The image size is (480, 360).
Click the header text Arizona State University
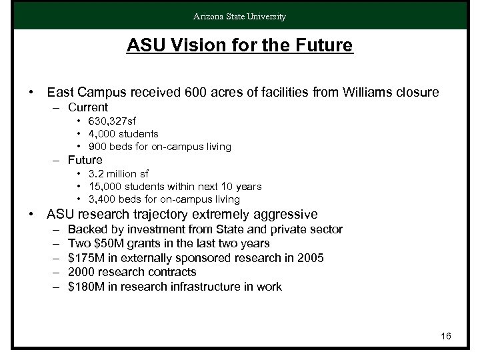click(x=240, y=16)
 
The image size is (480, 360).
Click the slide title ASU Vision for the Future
click(x=240, y=47)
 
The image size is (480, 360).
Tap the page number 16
click(x=446, y=336)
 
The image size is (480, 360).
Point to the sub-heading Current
click(x=88, y=107)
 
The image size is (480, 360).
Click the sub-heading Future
click(x=85, y=160)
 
